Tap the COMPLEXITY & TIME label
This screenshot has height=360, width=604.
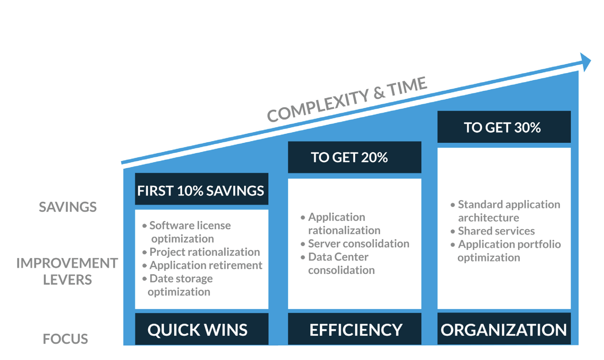(347, 99)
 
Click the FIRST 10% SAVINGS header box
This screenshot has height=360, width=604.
(201, 189)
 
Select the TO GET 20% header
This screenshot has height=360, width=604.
(355, 157)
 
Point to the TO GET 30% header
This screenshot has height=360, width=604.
(504, 127)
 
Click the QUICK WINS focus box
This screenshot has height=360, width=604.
(201, 329)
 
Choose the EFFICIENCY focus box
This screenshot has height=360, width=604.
(355, 329)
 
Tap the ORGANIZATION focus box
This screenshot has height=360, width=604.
(504, 329)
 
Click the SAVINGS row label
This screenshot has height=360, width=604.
(68, 207)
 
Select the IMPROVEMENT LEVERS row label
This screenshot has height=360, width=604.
(67, 271)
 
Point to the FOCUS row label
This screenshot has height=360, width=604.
(65, 339)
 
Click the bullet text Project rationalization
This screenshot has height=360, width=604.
(205, 252)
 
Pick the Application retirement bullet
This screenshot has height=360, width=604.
(206, 265)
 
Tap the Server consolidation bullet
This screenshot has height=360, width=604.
(359, 244)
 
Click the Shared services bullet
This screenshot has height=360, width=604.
(496, 231)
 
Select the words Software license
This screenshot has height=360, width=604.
(190, 225)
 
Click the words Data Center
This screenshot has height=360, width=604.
(338, 257)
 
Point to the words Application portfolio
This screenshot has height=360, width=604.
(510, 244)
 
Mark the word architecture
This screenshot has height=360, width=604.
(488, 218)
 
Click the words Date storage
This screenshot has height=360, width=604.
(181, 279)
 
